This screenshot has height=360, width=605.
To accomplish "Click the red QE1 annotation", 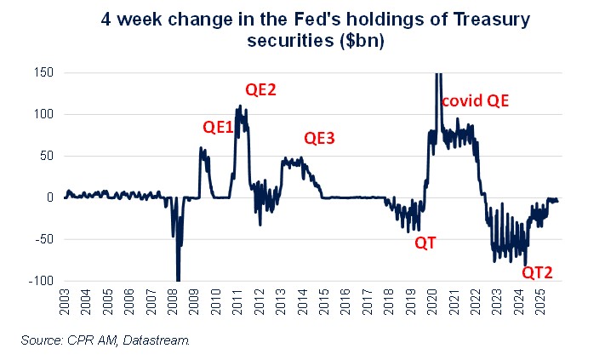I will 218,127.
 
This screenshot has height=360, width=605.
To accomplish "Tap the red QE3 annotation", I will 320,139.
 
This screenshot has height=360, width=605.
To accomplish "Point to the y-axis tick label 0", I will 49,197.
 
